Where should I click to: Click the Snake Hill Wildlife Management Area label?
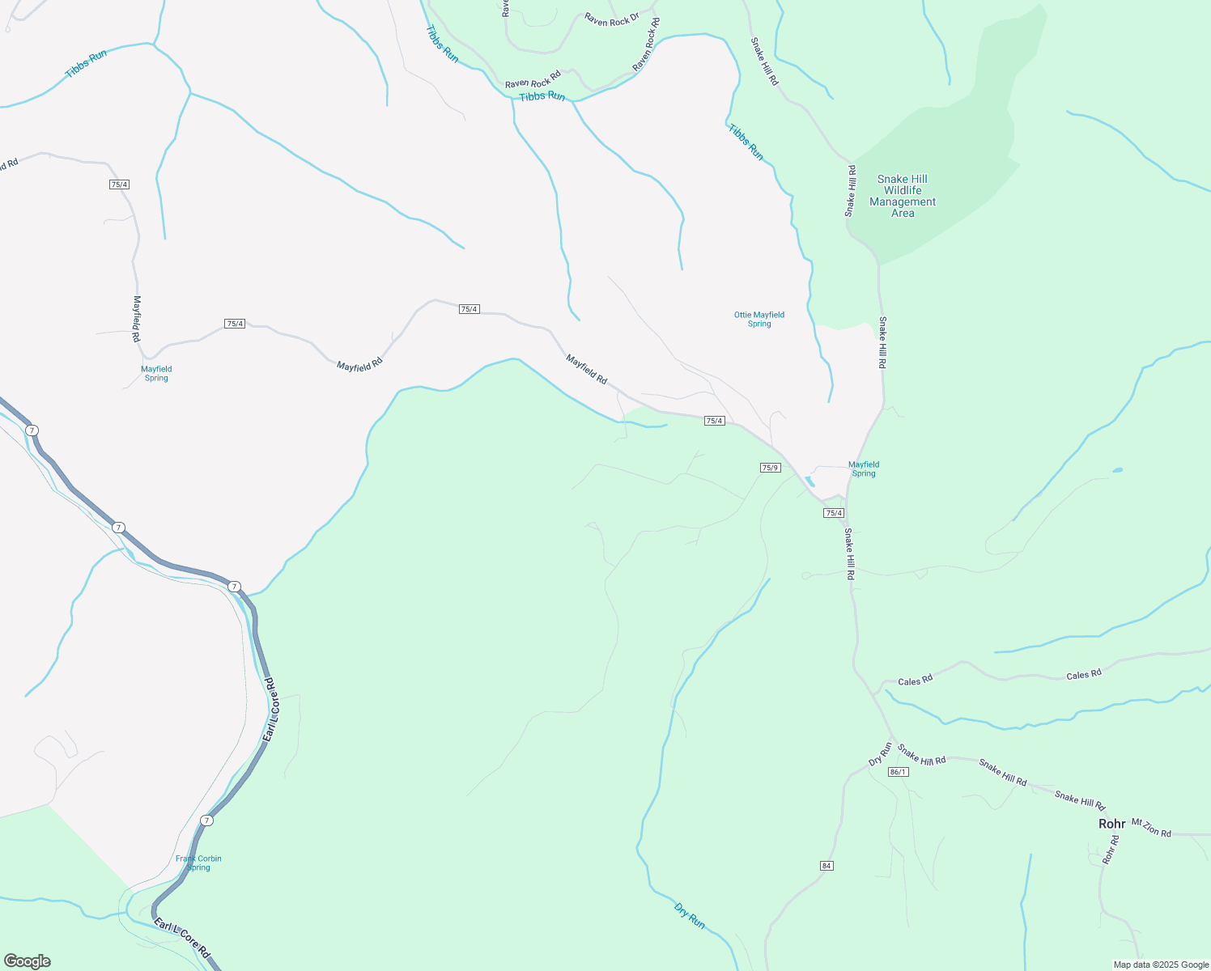(903, 197)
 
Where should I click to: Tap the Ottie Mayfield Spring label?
(759, 319)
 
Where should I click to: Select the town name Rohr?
(1111, 824)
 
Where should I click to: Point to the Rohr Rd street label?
(1111, 850)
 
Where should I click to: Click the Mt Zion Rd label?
(1150, 828)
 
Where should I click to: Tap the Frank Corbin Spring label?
(198, 863)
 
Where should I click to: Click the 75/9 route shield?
(770, 468)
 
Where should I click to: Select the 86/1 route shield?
(898, 772)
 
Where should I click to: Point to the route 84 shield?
(826, 866)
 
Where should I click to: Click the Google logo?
(27, 961)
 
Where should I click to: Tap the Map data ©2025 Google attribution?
(1161, 965)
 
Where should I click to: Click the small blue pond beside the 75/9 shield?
(809, 481)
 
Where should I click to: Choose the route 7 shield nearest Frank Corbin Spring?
(207, 820)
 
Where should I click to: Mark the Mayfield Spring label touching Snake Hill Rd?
(863, 469)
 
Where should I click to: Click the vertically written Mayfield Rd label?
(137, 319)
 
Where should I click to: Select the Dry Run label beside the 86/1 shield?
(880, 754)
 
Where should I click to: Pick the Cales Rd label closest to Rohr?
(1083, 674)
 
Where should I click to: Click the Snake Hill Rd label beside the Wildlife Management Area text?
(850, 191)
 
